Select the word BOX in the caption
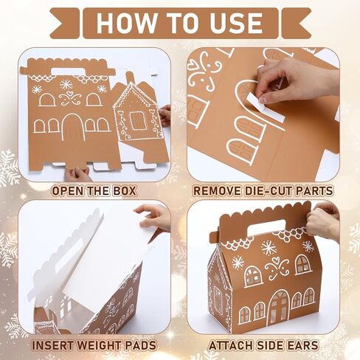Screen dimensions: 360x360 [124, 191]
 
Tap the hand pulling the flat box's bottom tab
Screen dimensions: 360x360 [76, 174]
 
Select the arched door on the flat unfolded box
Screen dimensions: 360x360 [72, 128]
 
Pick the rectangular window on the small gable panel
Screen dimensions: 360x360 [136, 120]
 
